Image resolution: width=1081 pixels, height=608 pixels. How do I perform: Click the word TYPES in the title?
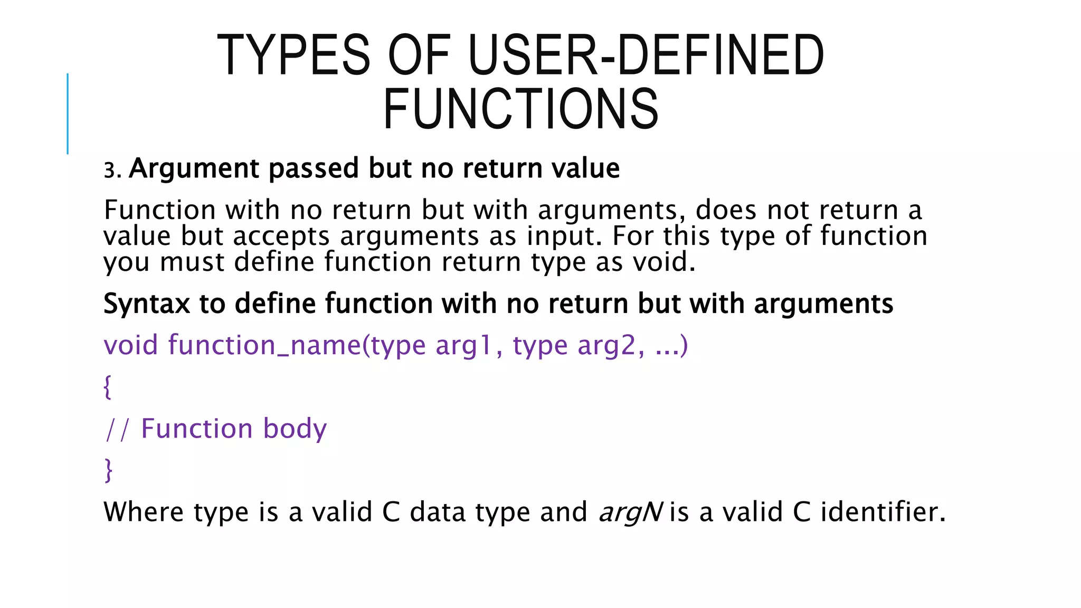(x=293, y=55)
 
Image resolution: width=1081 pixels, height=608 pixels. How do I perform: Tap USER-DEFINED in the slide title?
(x=646, y=55)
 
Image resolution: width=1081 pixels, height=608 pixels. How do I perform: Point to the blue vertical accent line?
(x=68, y=113)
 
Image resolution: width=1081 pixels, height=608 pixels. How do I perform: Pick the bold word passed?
(x=314, y=169)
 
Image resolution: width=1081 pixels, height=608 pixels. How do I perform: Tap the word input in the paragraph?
(x=564, y=236)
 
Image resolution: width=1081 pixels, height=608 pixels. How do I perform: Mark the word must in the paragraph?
(x=192, y=262)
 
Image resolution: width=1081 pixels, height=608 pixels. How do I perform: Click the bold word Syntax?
(x=146, y=305)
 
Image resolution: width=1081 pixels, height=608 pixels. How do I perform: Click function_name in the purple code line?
(x=264, y=346)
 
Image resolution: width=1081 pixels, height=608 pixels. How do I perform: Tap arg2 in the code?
(x=606, y=346)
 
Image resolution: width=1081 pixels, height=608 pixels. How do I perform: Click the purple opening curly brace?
(x=107, y=387)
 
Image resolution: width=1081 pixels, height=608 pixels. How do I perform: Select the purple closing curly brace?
(x=108, y=470)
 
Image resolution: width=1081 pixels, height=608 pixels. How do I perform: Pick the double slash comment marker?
(x=117, y=429)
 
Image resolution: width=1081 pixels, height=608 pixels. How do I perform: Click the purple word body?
(x=295, y=429)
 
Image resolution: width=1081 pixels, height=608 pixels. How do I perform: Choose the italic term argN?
(x=630, y=512)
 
